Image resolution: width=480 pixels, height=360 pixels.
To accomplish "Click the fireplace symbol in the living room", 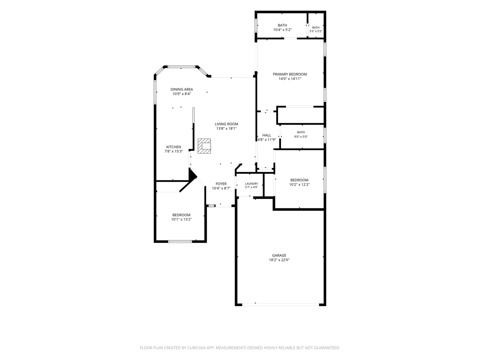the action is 204,146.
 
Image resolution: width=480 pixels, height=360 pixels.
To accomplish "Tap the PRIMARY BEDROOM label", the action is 290,74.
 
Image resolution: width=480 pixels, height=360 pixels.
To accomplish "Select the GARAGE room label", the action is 279,255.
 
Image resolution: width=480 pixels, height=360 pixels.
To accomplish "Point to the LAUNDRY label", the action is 251,184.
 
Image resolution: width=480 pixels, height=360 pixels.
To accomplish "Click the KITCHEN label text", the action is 174,147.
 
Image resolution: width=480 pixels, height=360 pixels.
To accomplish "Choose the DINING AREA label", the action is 182,89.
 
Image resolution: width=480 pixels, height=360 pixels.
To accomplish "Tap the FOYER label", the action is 221,184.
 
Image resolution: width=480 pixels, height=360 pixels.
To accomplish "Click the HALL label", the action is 267,135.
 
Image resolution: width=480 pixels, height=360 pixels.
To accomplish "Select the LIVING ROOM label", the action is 226,124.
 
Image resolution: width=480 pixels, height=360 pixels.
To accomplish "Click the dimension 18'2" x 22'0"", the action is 279,260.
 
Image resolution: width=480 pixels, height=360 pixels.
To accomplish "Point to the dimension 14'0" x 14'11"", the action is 290,79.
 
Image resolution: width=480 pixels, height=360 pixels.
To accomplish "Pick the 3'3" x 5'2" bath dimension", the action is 316,31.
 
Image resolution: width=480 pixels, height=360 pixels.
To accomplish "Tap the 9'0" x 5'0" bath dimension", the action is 301,137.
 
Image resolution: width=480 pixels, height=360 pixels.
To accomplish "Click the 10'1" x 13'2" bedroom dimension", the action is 181,219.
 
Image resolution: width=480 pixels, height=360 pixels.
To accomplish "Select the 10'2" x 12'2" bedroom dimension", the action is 299,184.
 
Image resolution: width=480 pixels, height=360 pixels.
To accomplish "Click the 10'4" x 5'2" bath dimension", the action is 282,30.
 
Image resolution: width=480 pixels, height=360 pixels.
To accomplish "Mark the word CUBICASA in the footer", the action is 196,348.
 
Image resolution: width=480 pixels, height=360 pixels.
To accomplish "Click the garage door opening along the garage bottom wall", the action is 281,304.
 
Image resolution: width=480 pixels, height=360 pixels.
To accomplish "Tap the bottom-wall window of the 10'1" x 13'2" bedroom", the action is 180,242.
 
